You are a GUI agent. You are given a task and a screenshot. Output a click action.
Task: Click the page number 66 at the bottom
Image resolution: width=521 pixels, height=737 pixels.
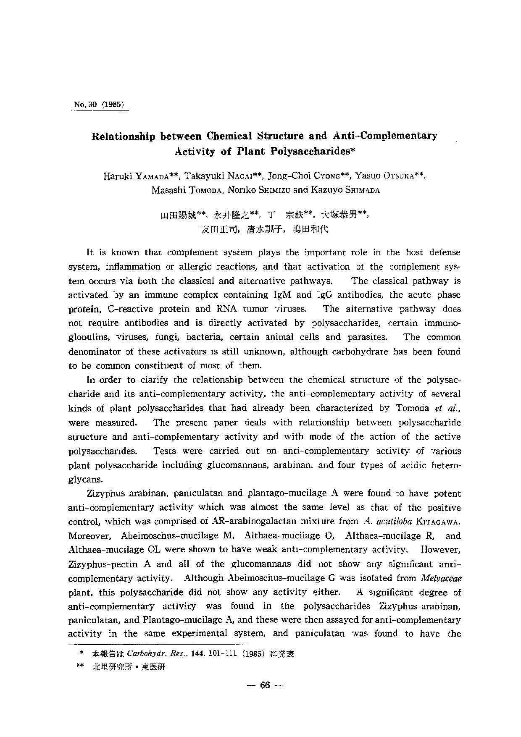coord(264,685)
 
